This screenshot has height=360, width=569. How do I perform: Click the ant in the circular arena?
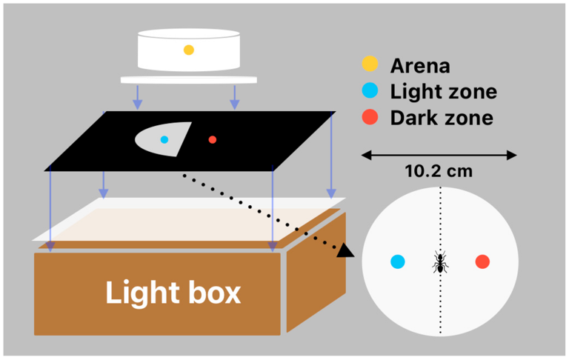pyautogui.click(x=440, y=261)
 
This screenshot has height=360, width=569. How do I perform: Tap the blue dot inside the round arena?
pyautogui.click(x=398, y=261)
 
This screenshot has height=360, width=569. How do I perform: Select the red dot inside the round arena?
pyautogui.click(x=482, y=261)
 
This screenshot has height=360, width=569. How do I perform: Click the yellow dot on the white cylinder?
pyautogui.click(x=189, y=50)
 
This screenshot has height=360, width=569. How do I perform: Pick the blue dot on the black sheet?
pyautogui.click(x=164, y=139)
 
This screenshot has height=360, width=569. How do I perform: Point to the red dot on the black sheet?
pyautogui.click(x=213, y=139)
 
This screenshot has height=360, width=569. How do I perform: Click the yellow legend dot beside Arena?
pyautogui.click(x=370, y=64)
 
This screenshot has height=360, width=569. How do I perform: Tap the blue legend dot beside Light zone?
pyautogui.click(x=370, y=90)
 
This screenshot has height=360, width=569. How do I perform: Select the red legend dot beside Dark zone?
pyautogui.click(x=370, y=117)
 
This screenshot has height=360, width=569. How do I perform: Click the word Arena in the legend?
pyautogui.click(x=420, y=66)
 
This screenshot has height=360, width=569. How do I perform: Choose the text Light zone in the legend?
pyautogui.click(x=444, y=91)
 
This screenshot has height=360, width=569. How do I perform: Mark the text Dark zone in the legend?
pyautogui.click(x=442, y=118)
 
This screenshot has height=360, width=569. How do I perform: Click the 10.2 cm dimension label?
pyautogui.click(x=439, y=171)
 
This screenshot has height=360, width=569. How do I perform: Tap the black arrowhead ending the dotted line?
pyautogui.click(x=345, y=250)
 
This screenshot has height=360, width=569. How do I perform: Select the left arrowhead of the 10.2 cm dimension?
pyautogui.click(x=367, y=156)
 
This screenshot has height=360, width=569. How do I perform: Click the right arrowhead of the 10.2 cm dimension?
pyautogui.click(x=512, y=156)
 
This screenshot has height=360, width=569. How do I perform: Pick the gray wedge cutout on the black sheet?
pyautogui.click(x=163, y=139)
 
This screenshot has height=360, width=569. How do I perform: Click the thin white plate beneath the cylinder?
pyautogui.click(x=189, y=80)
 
